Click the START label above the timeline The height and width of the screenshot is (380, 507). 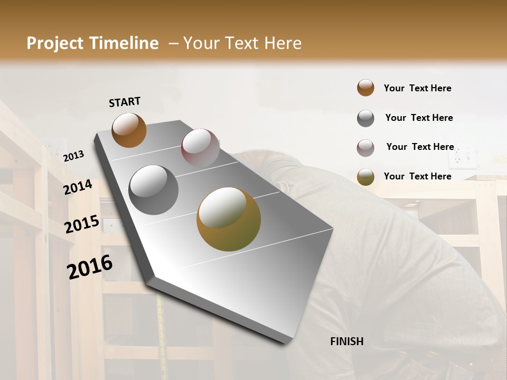(x=125, y=102)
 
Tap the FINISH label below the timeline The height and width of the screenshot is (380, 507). (x=346, y=341)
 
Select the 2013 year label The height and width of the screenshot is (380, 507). (x=74, y=156)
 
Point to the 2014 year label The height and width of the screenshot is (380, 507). (x=78, y=187)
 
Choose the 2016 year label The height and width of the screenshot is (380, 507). (x=90, y=267)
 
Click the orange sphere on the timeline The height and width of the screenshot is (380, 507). (x=129, y=130)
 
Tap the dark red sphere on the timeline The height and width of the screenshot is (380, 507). (x=200, y=147)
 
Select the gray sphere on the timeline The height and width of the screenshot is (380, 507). (x=153, y=189)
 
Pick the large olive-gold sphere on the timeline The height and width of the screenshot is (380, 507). (x=229, y=219)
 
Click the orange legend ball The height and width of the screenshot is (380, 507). (x=365, y=88)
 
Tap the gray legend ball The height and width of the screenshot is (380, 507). (x=365, y=118)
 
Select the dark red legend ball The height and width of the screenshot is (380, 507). (x=365, y=148)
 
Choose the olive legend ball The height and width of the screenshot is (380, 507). (x=365, y=177)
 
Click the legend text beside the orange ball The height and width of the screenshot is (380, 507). (x=417, y=88)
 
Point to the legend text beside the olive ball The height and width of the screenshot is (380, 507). (x=417, y=176)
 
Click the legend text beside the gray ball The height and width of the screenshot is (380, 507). (x=419, y=118)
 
